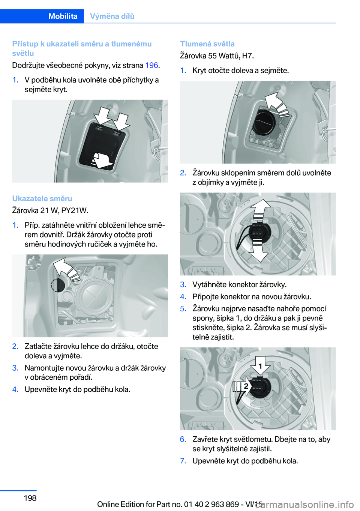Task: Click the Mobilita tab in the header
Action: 63,16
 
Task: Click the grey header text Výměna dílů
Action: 112,16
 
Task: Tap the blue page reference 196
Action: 151,65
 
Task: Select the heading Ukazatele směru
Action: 42,198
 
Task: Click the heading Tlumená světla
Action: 207,44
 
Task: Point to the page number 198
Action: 30,498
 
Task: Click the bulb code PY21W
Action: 77,210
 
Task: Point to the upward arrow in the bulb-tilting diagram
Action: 260,207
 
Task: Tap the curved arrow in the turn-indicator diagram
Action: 66,269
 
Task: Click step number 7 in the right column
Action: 183,461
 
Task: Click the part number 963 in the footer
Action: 218,504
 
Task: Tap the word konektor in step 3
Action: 239,284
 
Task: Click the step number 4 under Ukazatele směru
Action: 15,389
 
